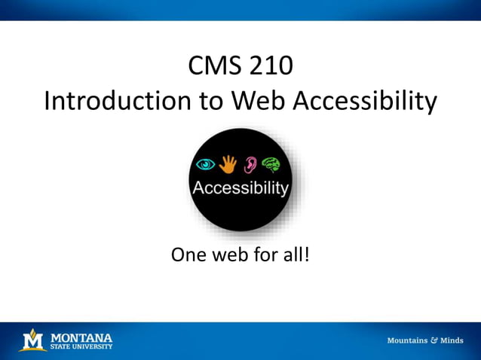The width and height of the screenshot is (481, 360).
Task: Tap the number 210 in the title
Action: [x=267, y=67]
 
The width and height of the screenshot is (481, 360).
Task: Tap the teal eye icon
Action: [x=204, y=163]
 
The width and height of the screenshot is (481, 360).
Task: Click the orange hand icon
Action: [x=227, y=163]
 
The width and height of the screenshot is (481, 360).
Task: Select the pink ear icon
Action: [x=250, y=164]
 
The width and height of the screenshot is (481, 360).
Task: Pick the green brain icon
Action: [x=271, y=164]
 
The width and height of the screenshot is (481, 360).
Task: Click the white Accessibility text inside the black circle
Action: [x=240, y=188]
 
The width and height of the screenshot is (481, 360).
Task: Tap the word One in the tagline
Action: [x=189, y=255]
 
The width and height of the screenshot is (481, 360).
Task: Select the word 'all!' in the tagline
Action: [x=295, y=255]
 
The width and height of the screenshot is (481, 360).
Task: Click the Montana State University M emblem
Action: [x=32, y=340]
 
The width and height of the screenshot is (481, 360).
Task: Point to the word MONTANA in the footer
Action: [x=81, y=337]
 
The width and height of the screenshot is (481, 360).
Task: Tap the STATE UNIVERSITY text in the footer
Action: [x=81, y=346]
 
